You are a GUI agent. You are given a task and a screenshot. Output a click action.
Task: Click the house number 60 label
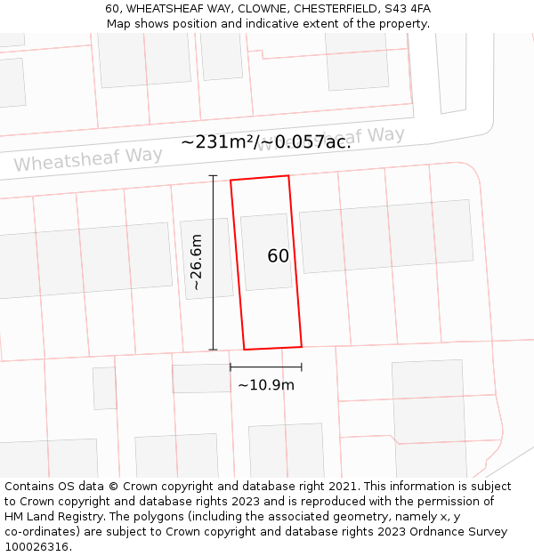coord(278,256)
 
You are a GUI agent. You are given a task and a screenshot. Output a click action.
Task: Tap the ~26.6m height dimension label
coord(197,262)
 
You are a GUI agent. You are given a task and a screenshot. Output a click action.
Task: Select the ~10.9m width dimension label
coord(265,385)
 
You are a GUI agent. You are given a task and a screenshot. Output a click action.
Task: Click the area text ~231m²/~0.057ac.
coord(266,141)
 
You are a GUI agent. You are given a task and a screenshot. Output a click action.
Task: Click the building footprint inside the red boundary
coord(266,252)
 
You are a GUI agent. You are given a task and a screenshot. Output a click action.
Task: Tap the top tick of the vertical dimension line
coord(213,176)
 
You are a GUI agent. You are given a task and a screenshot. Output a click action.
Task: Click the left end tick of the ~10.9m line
coord(231,367)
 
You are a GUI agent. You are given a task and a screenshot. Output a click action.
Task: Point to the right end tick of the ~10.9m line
coord(302,367)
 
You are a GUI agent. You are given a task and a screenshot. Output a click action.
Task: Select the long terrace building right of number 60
coord(385,236)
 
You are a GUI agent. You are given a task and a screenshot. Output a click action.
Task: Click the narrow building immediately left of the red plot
coord(206,258)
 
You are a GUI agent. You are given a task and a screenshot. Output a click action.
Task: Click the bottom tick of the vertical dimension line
coord(213,350)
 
